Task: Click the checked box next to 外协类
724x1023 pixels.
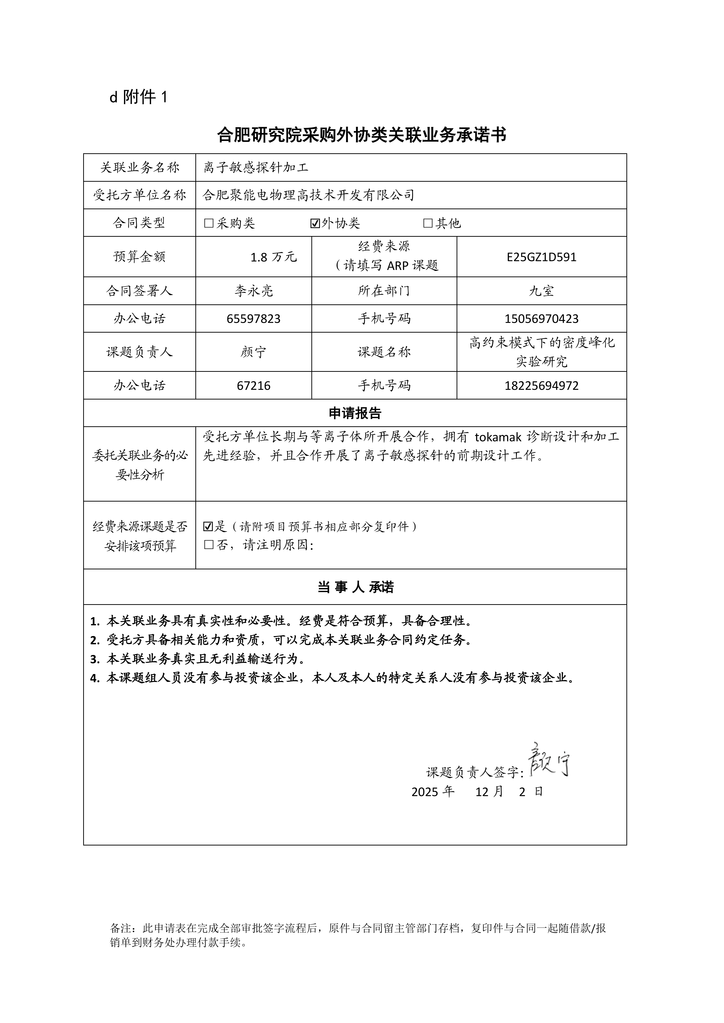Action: pos(315,223)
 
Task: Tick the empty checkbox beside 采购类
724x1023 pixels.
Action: pos(209,223)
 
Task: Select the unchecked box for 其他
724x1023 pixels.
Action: pos(428,223)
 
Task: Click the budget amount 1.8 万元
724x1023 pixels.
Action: pos(273,257)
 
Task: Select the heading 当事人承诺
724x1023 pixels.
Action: pos(355,587)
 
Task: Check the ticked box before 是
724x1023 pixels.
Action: pos(208,527)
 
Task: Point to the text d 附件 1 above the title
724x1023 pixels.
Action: pos(138,97)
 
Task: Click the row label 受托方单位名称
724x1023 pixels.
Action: pos(140,195)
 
